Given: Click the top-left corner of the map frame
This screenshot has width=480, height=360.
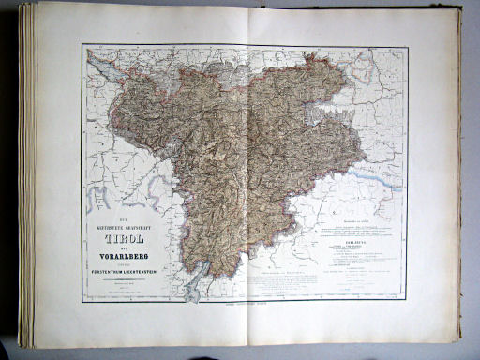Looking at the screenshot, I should point(82,44).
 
